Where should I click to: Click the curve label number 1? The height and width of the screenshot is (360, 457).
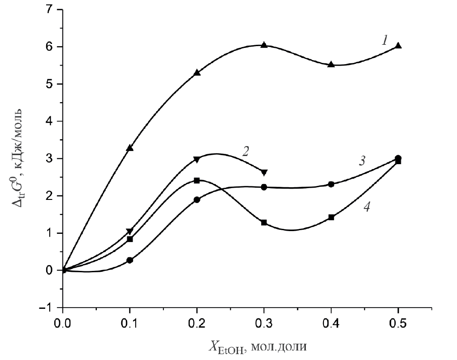pos(384,41)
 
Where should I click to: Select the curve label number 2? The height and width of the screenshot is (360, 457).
pos(246,151)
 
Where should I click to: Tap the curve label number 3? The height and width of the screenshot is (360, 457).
pos(362,161)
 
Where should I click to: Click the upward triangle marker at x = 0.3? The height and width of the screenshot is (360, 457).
pos(264,45)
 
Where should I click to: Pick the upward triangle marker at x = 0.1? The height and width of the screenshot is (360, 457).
pos(130,148)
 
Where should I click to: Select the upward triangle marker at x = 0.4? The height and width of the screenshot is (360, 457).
pos(331,64)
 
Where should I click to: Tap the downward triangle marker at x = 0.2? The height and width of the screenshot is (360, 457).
pos(197,159)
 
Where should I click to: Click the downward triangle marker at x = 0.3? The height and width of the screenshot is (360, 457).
pos(264,172)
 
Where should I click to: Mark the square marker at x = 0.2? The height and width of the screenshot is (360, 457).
pos(197,180)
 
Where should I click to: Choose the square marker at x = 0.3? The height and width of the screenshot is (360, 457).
pos(264,223)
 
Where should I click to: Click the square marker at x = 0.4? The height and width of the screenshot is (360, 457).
pos(331,217)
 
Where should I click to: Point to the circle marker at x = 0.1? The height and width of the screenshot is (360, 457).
pos(130,260)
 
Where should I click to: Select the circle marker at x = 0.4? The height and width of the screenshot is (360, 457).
pos(331,184)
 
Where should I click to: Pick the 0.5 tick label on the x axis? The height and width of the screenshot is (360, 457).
pos(398,324)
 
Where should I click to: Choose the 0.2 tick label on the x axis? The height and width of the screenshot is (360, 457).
pos(197,324)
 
